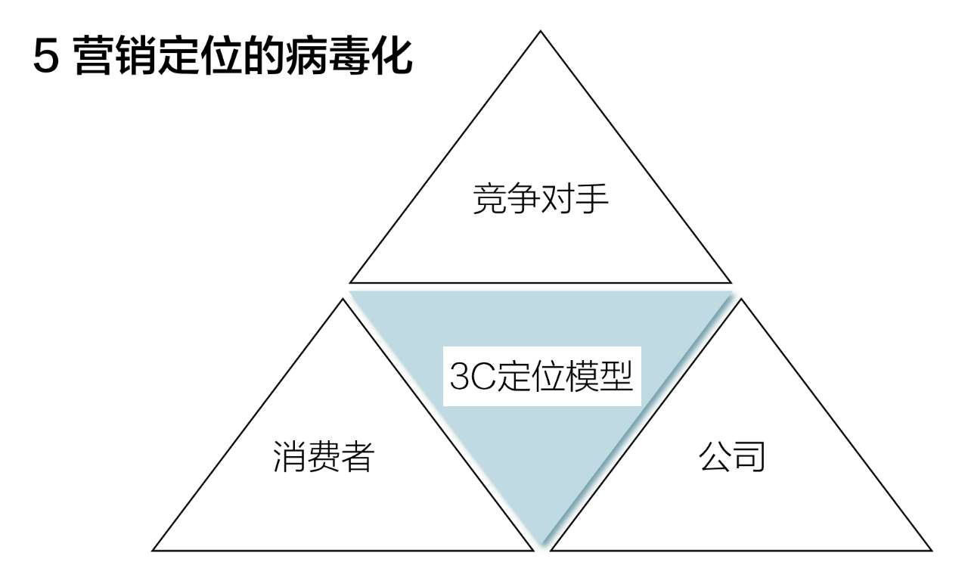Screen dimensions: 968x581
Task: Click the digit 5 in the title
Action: point(46,57)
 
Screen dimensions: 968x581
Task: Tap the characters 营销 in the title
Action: point(115,56)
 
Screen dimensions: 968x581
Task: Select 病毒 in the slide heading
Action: point(327,56)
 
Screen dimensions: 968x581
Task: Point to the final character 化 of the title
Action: point(392,56)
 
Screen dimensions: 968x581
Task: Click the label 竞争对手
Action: point(541,198)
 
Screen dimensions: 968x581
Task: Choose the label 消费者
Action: point(324,457)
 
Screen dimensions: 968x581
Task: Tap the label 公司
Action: point(732,456)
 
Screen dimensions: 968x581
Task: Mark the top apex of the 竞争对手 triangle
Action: point(540,31)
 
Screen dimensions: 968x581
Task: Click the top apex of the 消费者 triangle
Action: point(343,299)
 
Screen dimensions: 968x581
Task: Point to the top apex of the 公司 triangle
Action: point(740,299)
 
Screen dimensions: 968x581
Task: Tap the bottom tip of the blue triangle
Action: point(541,543)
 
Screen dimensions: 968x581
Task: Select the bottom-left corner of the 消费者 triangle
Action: point(153,551)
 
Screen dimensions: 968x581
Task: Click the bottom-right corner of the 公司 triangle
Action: point(932,551)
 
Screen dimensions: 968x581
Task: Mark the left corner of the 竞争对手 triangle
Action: point(350,283)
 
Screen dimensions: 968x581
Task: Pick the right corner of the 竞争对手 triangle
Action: point(731,283)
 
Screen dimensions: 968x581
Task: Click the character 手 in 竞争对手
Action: point(591,198)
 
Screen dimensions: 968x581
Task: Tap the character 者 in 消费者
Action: point(358,457)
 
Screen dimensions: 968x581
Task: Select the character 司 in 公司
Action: point(749,456)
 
